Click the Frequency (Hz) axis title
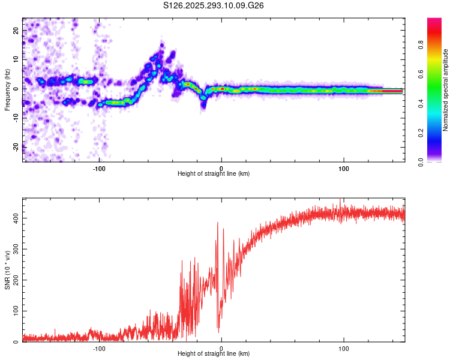pyautogui.click(x=7, y=90)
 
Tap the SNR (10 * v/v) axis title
pyautogui.click(x=7, y=270)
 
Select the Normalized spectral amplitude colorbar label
pyautogui.click(x=446, y=90)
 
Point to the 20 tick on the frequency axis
pyautogui.click(x=16, y=30)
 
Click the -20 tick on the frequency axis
pyautogui.click(x=16, y=146)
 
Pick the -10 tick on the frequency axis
pyautogui.click(x=16, y=118)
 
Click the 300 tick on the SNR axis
pyautogui.click(x=16, y=247)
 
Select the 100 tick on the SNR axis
pyautogui.click(x=16, y=310)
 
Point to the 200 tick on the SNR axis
pyautogui.click(x=16, y=278)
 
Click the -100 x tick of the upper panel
pyautogui.click(x=100, y=167)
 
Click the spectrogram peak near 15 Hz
pyautogui.click(x=161, y=44)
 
